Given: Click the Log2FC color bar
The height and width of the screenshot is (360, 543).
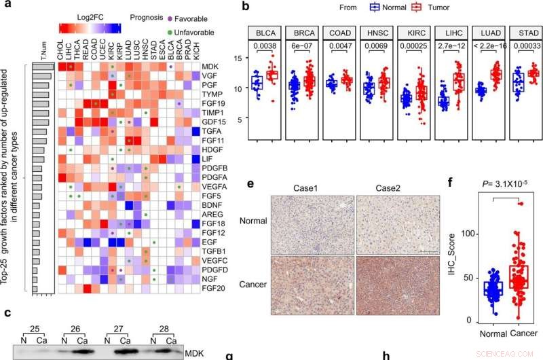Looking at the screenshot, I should coord(90,26).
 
